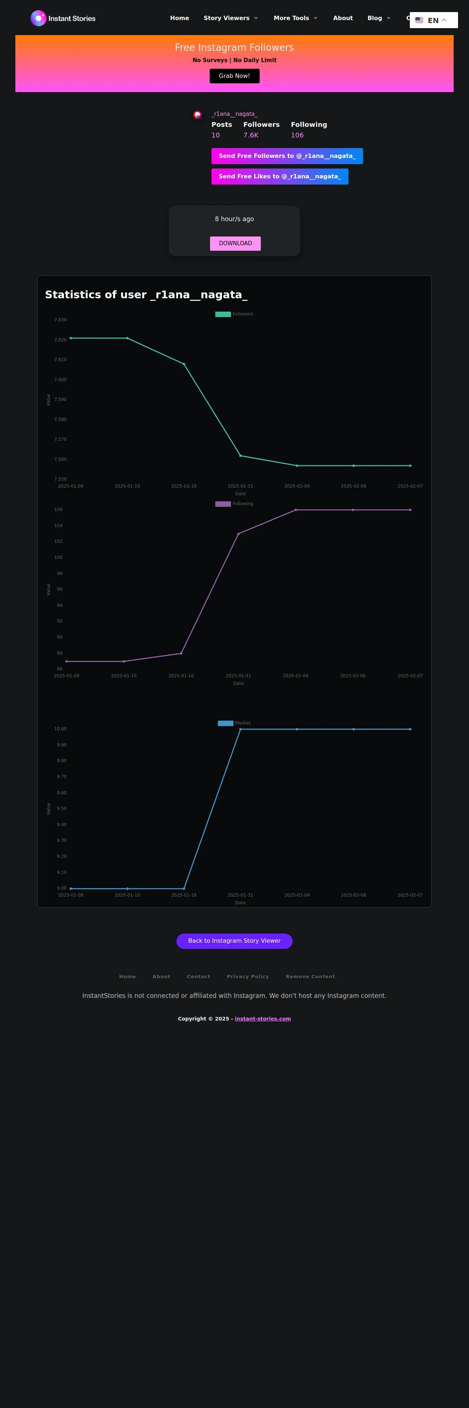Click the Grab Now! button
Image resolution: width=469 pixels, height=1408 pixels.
234,76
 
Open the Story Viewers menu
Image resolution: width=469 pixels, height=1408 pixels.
230,18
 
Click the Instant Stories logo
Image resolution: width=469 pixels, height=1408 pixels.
63,18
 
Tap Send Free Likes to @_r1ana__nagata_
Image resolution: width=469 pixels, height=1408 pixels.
279,177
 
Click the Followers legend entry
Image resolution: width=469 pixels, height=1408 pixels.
234,314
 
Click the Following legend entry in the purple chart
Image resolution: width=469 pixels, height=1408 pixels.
234,504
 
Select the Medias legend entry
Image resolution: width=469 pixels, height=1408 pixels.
234,723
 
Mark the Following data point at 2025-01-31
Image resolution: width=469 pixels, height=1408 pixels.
239,533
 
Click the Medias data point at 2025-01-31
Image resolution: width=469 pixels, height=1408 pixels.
240,729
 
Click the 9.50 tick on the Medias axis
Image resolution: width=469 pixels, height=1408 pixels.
62,809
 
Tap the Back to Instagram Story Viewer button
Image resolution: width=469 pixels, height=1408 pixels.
234,941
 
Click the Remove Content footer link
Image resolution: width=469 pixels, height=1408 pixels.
310,977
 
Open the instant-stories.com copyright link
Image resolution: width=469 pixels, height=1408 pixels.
263,1019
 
